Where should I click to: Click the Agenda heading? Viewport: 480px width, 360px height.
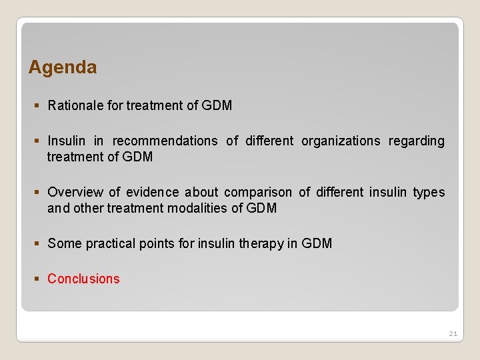(x=63, y=67)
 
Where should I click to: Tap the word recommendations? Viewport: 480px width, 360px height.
(x=165, y=141)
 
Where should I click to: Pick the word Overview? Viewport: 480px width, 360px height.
(x=75, y=193)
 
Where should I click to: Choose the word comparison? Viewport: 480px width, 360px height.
(x=258, y=193)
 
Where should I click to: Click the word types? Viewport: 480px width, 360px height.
(x=429, y=193)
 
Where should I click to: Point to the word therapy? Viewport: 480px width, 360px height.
(x=263, y=244)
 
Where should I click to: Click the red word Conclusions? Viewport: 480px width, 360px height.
(x=83, y=279)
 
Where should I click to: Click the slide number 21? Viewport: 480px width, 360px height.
(x=453, y=333)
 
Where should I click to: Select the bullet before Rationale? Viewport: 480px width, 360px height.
(x=37, y=105)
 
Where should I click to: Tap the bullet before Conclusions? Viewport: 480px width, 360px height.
(x=37, y=279)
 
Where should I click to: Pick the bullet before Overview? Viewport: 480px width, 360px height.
(x=37, y=193)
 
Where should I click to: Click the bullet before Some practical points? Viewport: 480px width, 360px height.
(x=37, y=244)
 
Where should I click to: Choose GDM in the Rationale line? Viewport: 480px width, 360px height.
(x=217, y=105)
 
